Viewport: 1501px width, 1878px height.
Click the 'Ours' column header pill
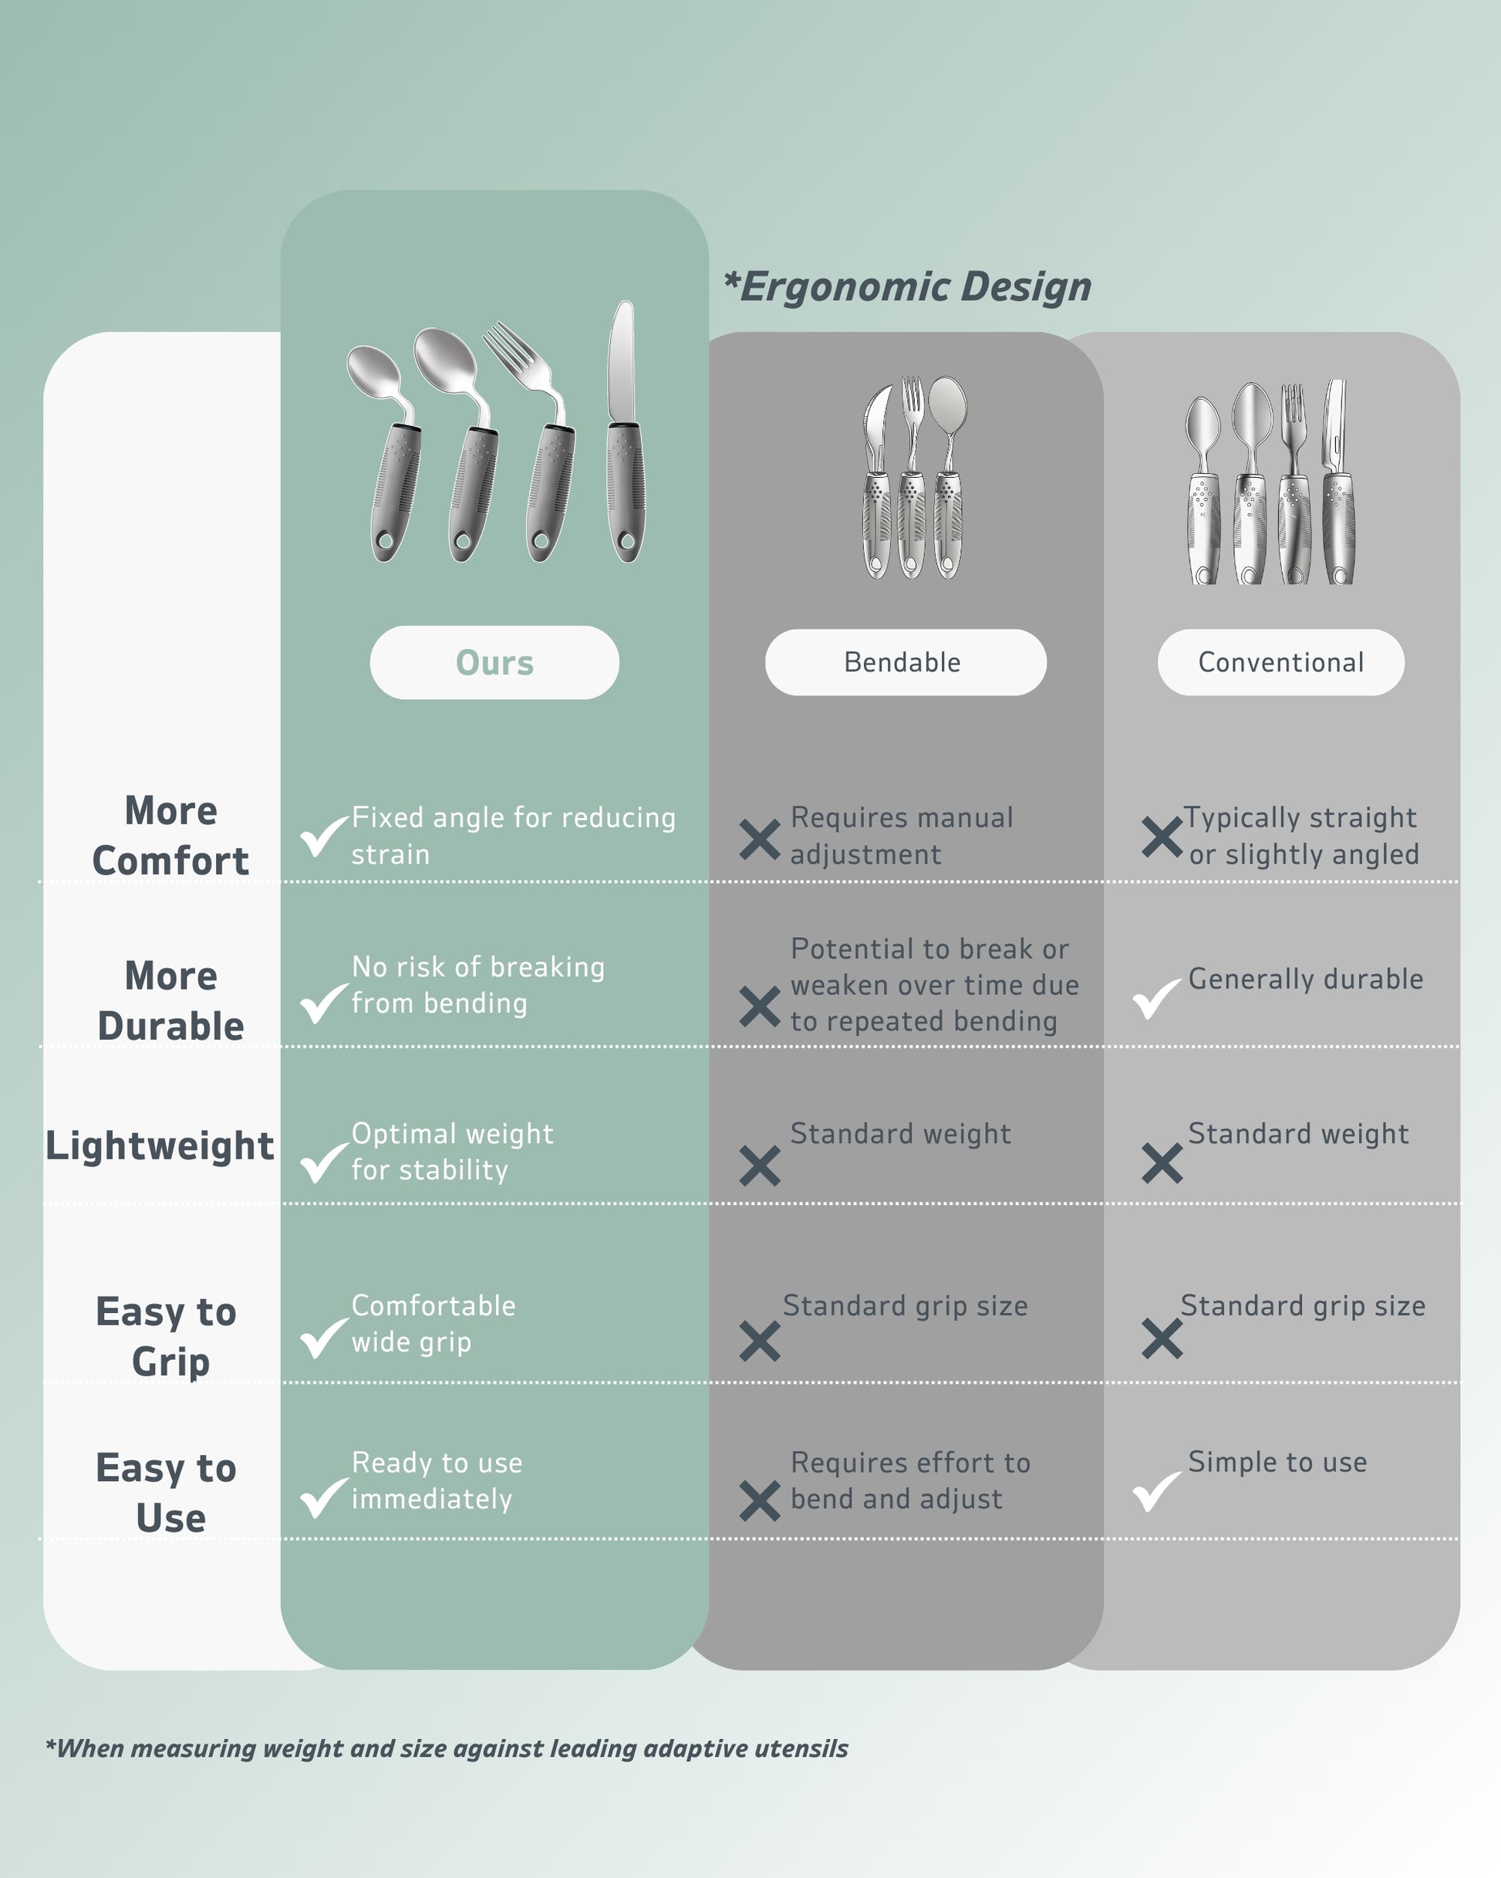(x=494, y=662)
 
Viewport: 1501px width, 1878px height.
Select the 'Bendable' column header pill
(x=906, y=662)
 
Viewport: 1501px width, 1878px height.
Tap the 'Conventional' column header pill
(x=1280, y=662)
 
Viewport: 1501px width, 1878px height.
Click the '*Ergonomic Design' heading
(x=908, y=286)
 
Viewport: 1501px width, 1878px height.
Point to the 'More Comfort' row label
(x=170, y=835)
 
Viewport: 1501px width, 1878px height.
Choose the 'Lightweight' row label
(x=160, y=1145)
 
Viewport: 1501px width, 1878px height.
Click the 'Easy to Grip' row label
(x=167, y=1335)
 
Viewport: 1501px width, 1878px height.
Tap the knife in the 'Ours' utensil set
(x=624, y=435)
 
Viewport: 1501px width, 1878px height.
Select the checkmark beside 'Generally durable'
(x=1156, y=998)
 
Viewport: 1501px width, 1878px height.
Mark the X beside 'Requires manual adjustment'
(x=759, y=840)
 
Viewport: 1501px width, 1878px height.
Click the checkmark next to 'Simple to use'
(x=1156, y=1491)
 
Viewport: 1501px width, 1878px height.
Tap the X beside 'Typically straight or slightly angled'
(x=1162, y=837)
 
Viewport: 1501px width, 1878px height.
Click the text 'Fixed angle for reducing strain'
(x=513, y=836)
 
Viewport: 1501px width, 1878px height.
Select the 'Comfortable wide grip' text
(x=433, y=1323)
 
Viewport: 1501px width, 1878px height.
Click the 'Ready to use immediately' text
(x=437, y=1480)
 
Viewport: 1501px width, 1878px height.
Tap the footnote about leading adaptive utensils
(x=447, y=1748)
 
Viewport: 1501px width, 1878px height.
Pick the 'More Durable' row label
(x=170, y=1001)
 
